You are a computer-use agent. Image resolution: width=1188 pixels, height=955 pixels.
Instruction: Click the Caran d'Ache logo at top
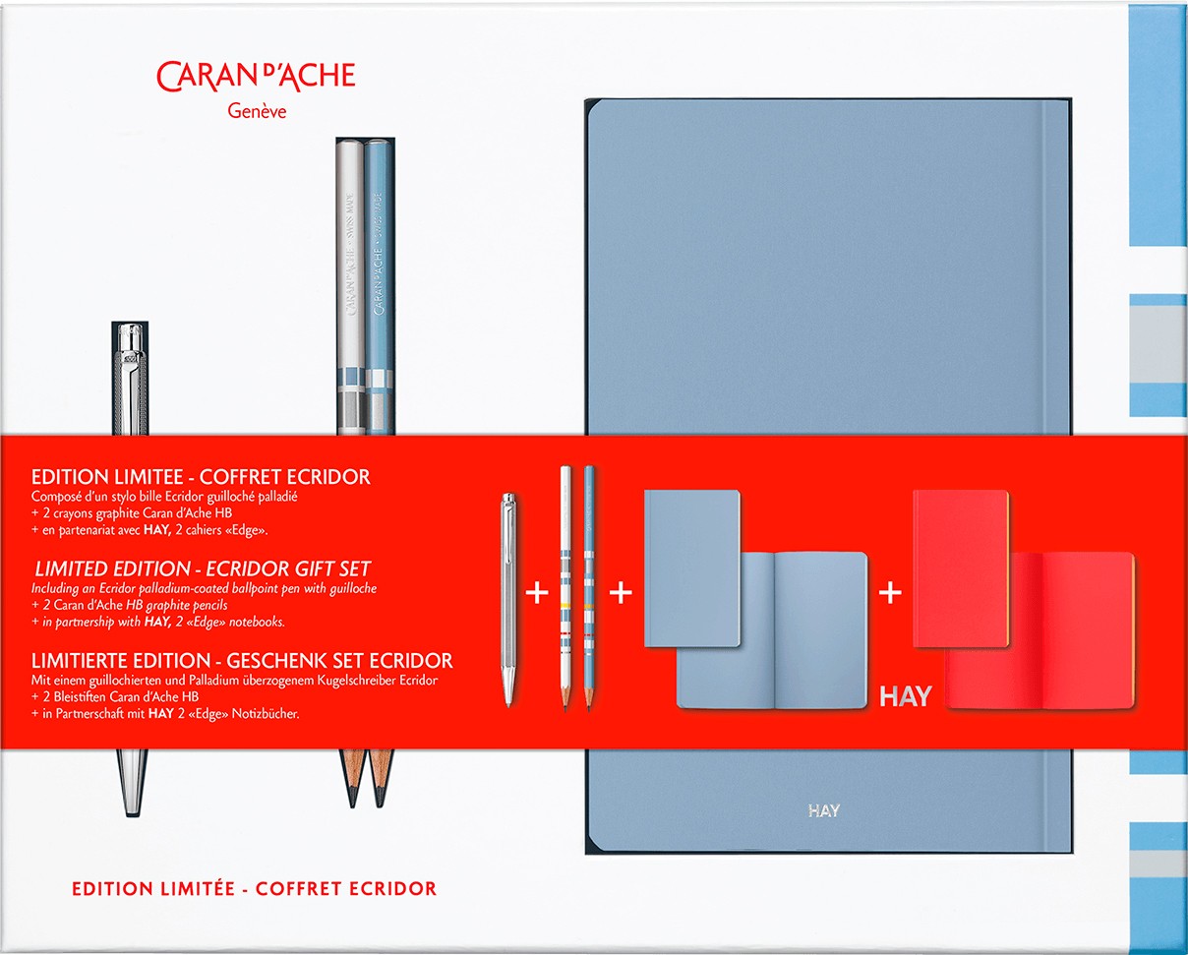[x=256, y=76]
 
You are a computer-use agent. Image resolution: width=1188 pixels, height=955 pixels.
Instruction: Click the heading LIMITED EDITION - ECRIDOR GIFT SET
[x=203, y=569]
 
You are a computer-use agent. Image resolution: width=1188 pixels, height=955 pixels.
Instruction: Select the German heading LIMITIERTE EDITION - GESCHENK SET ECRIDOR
[x=243, y=660]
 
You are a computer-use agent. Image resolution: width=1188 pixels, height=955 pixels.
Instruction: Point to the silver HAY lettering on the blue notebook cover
[x=823, y=811]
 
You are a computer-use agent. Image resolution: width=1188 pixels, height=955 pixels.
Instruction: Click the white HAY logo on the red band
[x=905, y=697]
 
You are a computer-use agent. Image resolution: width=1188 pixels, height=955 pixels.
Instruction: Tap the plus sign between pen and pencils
[x=537, y=594]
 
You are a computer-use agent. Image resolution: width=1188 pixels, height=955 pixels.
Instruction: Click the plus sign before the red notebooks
[x=890, y=593]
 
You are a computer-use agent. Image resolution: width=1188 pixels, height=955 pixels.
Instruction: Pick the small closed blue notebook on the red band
[x=691, y=567]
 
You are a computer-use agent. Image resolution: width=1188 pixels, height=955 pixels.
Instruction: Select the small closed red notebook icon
[x=960, y=567]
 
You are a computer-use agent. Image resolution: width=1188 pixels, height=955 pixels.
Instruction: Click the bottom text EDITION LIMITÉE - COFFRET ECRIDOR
[x=254, y=888]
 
